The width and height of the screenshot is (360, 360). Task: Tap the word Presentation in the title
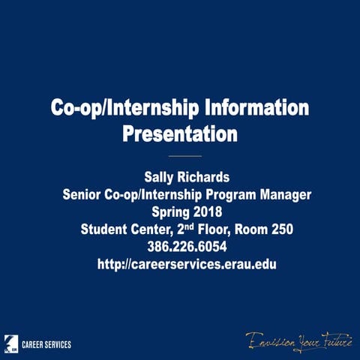click(x=180, y=135)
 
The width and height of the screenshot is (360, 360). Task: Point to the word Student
click(x=105, y=229)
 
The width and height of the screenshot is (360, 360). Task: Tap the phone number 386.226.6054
click(x=180, y=247)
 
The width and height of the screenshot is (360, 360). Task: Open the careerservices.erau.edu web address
click(x=180, y=265)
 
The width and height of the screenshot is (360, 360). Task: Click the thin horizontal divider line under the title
click(x=180, y=156)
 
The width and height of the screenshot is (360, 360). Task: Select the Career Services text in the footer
click(x=46, y=344)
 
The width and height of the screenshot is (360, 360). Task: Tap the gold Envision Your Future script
click(x=299, y=340)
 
